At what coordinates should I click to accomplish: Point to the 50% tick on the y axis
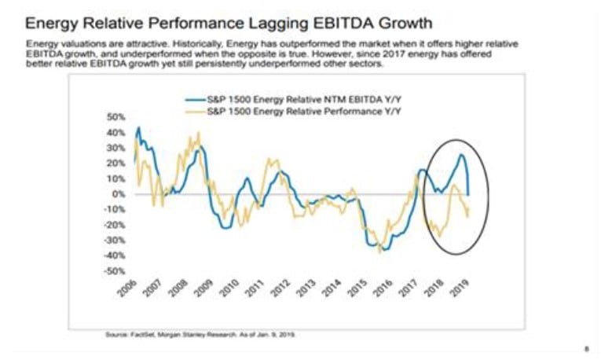point(115,117)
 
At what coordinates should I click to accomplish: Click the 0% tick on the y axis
point(118,193)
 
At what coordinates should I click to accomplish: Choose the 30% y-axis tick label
point(115,148)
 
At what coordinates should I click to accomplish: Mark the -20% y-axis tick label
point(114,224)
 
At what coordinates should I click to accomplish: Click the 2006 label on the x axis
point(135,288)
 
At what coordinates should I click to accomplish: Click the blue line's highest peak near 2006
point(139,127)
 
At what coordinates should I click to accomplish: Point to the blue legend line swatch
point(195,101)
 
